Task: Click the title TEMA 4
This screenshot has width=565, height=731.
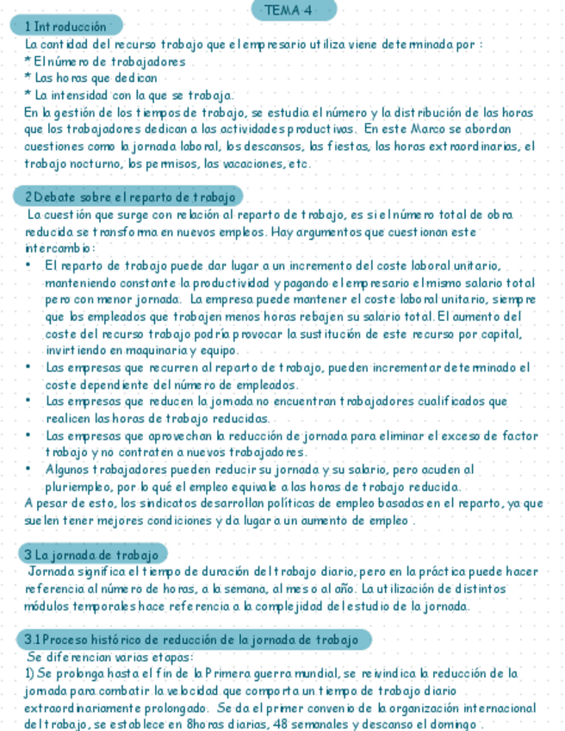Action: [293, 10]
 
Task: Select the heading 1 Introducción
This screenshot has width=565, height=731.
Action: [67, 27]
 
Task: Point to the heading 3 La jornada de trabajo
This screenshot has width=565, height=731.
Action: [92, 553]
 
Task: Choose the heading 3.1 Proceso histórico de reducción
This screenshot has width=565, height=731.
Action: [192, 640]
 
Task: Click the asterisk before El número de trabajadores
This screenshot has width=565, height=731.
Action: [28, 62]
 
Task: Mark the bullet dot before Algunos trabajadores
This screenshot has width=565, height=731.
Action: [29, 470]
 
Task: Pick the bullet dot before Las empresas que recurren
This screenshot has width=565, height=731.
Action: [29, 367]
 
